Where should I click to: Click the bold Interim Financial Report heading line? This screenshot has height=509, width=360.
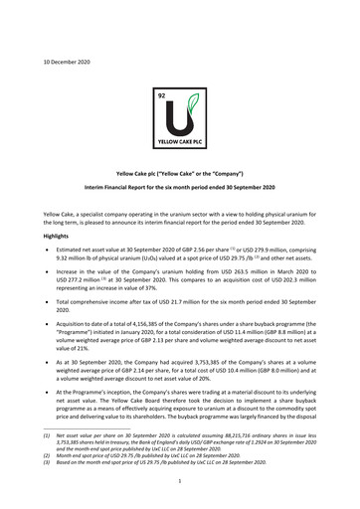pos(179,186)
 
